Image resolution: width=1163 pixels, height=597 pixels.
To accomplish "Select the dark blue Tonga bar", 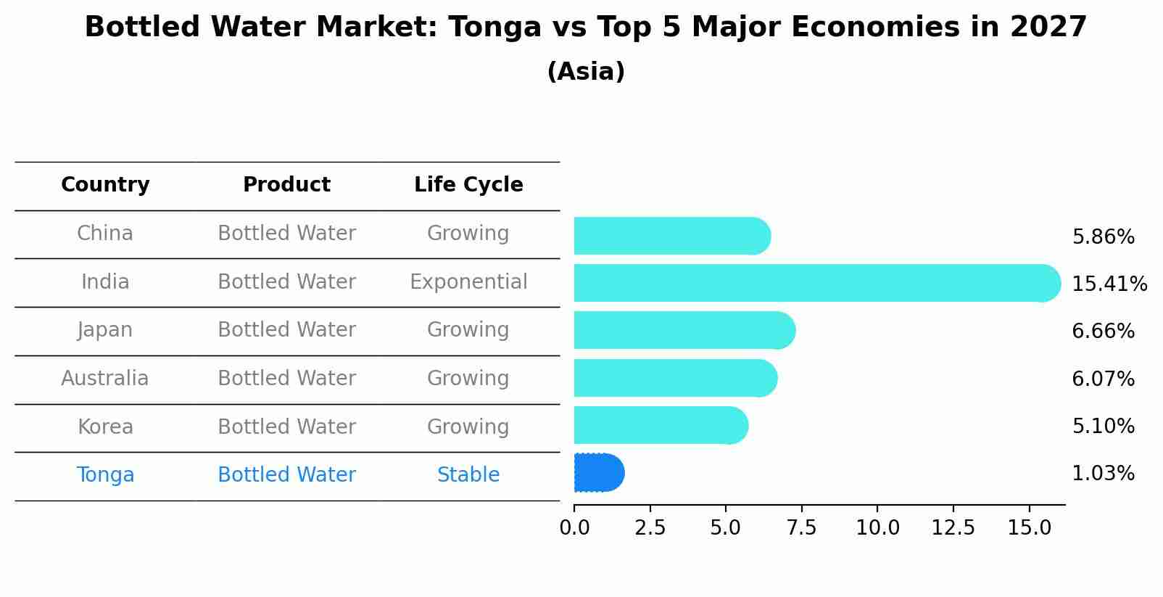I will tap(598, 473).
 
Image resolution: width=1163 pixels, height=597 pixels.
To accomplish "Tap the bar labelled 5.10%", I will tap(660, 426).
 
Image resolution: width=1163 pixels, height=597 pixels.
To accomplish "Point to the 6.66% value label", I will tap(1103, 332).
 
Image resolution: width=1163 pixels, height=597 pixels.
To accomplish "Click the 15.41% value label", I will tap(1109, 284).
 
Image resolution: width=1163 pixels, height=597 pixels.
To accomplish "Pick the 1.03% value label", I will tap(1103, 474).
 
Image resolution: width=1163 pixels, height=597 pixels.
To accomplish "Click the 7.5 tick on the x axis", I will tap(801, 527).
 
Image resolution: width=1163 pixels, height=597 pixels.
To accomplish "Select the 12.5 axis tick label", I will tap(953, 527).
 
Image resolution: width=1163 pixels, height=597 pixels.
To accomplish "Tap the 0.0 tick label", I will tap(574, 527).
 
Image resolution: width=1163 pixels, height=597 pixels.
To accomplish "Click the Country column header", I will tap(105, 185).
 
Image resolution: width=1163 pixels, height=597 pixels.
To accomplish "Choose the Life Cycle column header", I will tap(468, 185).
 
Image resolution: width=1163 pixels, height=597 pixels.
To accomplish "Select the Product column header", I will tap(286, 185).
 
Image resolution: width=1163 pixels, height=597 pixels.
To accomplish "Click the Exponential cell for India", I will tap(468, 282).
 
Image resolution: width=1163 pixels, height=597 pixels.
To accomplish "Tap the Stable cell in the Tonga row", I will tap(468, 475).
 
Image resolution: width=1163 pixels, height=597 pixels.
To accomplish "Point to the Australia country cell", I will tap(105, 379).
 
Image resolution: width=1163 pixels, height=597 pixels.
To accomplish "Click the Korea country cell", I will tap(105, 427).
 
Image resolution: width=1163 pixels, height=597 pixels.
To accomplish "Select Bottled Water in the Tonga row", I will tap(286, 475).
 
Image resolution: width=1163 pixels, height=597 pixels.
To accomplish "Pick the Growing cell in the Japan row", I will tap(468, 330).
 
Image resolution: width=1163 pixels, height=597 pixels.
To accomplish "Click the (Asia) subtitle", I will tap(586, 72).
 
